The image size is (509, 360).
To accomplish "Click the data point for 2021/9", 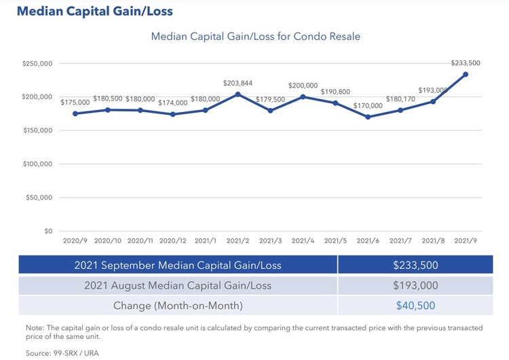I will click(x=466, y=74).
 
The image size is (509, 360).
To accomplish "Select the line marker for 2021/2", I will click(x=238, y=94).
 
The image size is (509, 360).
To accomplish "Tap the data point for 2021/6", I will click(x=368, y=117).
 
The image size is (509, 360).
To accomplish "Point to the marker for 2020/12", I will click(x=172, y=114).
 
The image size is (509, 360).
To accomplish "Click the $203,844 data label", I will click(x=238, y=83).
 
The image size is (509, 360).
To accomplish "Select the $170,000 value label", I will click(x=368, y=105).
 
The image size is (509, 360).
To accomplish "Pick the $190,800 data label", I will click(x=335, y=91).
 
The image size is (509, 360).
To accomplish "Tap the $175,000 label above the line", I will click(x=75, y=102).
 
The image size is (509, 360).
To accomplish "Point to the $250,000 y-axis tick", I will click(x=37, y=64).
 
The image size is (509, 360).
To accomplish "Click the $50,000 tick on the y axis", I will click(x=39, y=198).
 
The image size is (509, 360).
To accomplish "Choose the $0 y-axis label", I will click(x=48, y=231).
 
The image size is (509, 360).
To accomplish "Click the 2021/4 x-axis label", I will click(x=303, y=240).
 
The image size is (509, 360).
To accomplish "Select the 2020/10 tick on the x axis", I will click(x=107, y=240).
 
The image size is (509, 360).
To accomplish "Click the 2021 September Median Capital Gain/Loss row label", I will click(x=177, y=265).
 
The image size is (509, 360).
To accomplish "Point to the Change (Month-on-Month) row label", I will click(x=177, y=306).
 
